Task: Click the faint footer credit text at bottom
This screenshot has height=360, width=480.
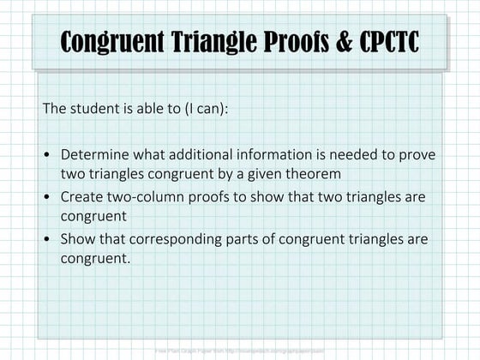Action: point(240,351)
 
